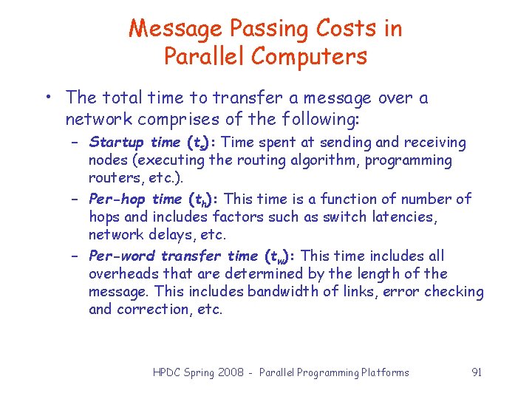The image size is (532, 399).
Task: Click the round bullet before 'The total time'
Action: tap(47, 98)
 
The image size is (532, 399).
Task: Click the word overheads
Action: tap(120, 273)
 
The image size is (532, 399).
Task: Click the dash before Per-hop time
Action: tap(76, 199)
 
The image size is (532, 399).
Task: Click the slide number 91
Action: tap(477, 372)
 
